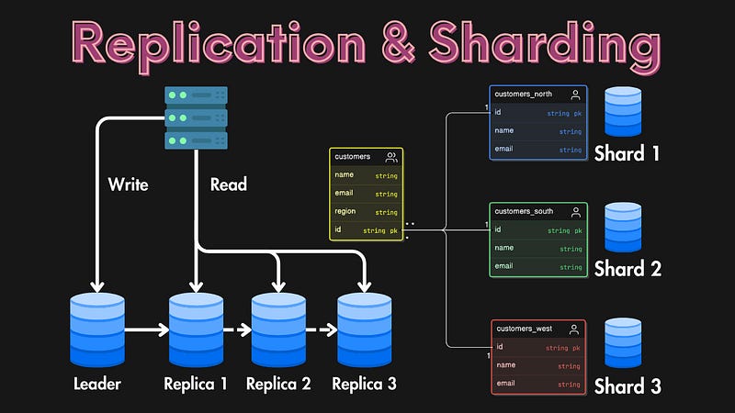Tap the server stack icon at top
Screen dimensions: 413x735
coord(196,117)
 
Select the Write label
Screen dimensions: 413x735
coord(128,184)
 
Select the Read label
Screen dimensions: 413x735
coord(228,184)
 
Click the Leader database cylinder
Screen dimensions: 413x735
coord(96,328)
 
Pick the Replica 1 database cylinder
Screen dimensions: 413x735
coord(195,328)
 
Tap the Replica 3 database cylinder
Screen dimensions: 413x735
coord(364,328)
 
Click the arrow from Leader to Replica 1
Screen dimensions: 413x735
coord(146,328)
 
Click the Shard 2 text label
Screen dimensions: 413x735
coord(627,269)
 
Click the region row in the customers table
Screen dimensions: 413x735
coord(366,212)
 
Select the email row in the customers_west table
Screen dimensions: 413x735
coord(537,384)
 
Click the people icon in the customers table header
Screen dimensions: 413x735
coord(391,157)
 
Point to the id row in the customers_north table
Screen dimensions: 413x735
coord(537,113)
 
